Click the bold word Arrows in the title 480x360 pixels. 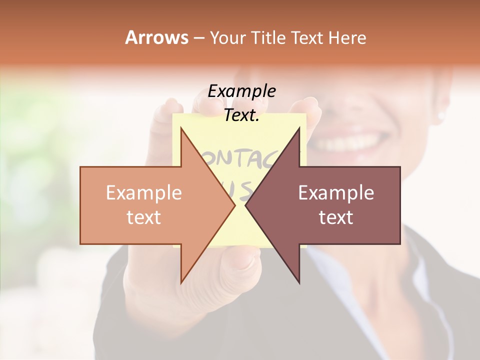156,37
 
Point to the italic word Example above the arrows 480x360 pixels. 241,91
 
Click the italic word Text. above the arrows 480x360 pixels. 241,115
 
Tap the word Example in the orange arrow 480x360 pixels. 143,193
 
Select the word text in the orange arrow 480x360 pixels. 143,217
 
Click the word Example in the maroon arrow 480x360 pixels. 336,193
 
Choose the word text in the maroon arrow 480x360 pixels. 336,217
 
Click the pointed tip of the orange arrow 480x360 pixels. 234,205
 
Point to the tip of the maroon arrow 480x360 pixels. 246,205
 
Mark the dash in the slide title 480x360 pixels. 198,38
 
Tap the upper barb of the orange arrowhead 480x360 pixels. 181,131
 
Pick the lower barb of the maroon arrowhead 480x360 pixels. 299,281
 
